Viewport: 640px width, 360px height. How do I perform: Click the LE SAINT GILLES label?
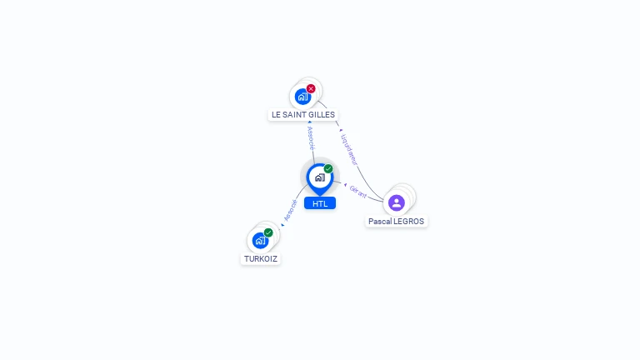[303, 114]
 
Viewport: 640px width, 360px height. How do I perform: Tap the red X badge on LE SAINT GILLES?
[311, 88]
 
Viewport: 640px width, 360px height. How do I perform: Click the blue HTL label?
[320, 203]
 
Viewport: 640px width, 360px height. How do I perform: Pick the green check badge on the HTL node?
[328, 169]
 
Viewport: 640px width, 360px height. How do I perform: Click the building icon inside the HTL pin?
[319, 177]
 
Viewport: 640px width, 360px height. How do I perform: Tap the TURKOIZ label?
[260, 258]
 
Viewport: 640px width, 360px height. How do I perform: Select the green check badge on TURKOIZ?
[268, 232]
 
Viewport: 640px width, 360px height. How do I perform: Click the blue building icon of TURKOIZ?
[259, 240]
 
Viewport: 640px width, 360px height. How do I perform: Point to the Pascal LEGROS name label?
[396, 222]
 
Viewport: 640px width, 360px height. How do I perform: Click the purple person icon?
[396, 202]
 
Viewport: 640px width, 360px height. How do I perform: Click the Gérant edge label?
[358, 191]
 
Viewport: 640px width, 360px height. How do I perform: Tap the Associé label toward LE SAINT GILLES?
[311, 138]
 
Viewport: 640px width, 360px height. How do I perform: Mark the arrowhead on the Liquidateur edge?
[340, 130]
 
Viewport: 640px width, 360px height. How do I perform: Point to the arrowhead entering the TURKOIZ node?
[281, 226]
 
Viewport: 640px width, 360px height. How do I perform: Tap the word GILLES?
[322, 114]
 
